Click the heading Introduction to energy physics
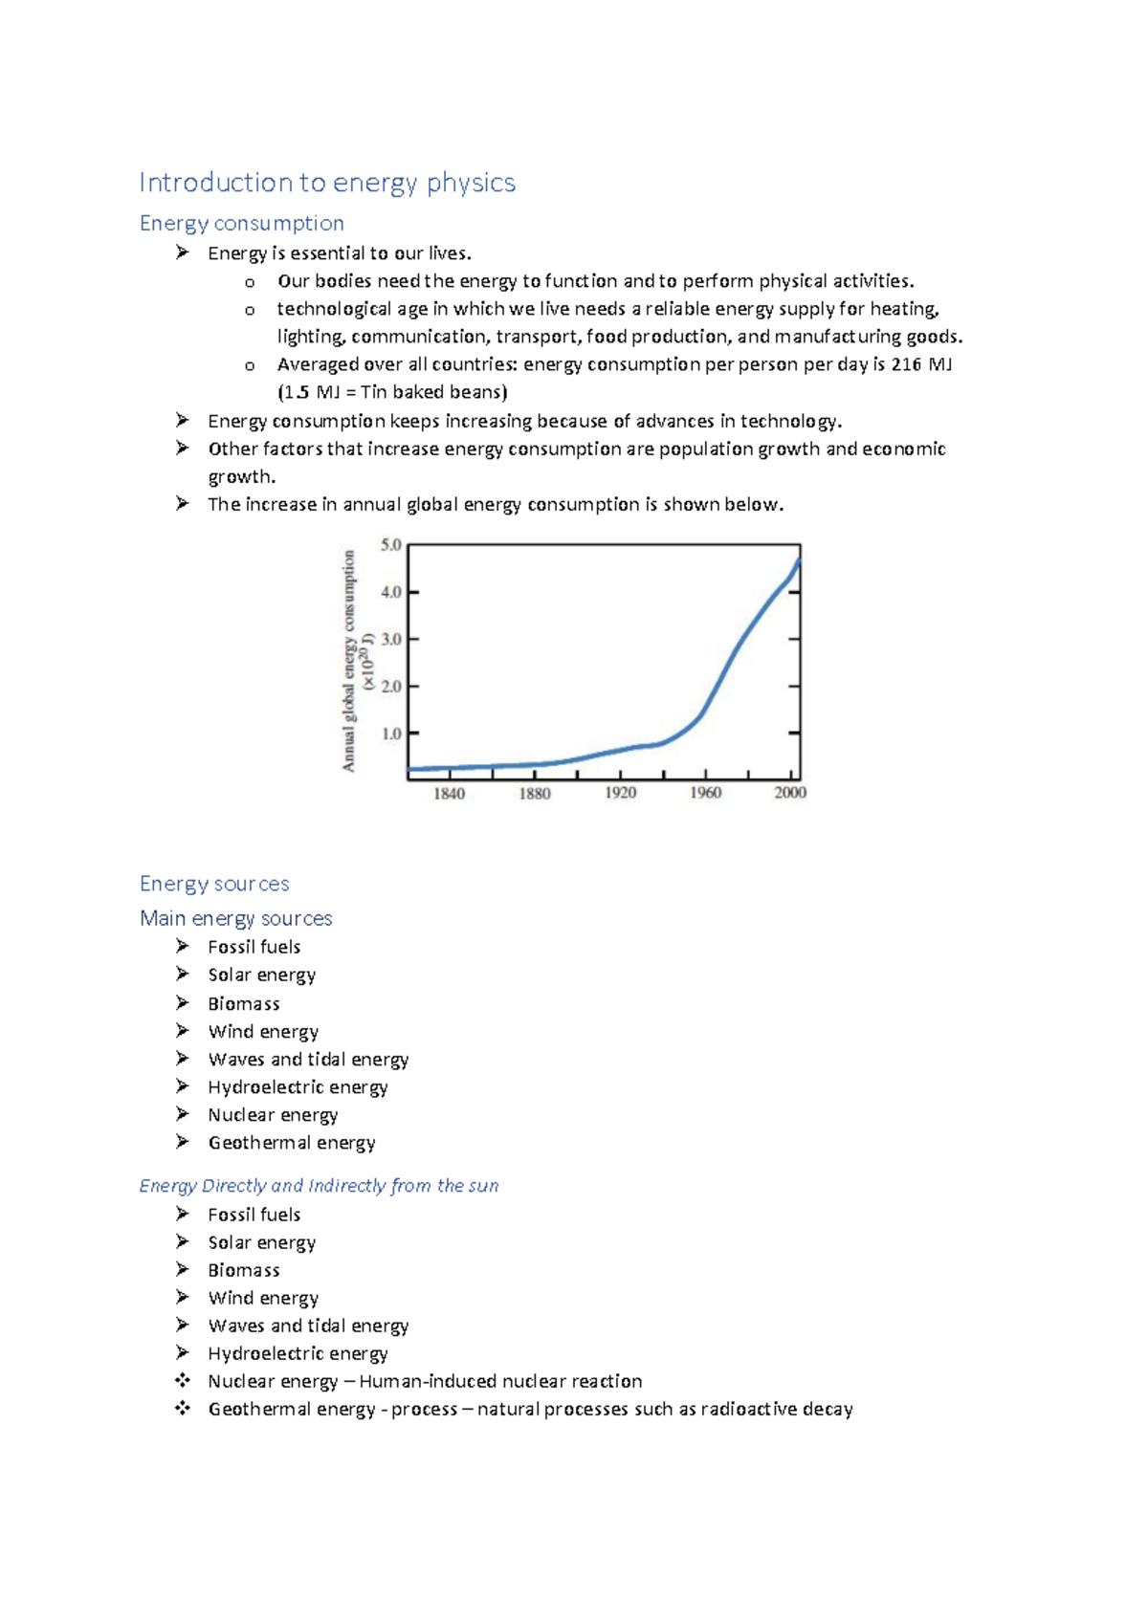327,182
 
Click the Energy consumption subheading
241,223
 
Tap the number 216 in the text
906,364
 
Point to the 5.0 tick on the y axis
391,545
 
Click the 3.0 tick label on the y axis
391,639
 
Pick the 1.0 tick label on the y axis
391,734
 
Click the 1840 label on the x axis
450,793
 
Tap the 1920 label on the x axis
620,793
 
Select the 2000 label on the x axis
790,793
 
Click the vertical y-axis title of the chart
350,660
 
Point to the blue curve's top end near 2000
798,562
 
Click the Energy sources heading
214,884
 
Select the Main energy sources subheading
236,918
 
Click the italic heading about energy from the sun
319,1186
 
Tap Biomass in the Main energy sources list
244,1003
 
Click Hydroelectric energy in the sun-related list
298,1353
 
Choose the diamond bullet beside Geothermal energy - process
182,1408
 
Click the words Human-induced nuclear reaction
500,1381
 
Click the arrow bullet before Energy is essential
182,252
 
